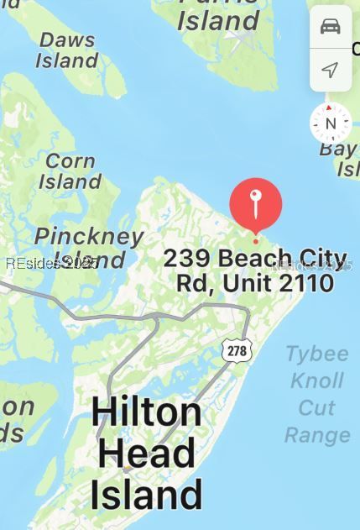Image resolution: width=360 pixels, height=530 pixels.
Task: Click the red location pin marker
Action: tap(256, 203)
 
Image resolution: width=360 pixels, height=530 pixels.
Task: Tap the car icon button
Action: tap(331, 27)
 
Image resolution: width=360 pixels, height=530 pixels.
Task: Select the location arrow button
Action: tap(331, 70)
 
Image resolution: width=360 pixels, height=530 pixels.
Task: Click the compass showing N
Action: tap(330, 123)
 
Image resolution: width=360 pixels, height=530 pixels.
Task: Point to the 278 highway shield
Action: tap(237, 350)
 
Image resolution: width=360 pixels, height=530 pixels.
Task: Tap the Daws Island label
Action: tap(67, 50)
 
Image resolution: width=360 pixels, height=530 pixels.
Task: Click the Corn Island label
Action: tap(70, 170)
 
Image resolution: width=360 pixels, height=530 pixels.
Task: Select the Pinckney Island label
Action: tap(88, 247)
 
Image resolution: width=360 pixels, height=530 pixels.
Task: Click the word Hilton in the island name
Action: tap(146, 412)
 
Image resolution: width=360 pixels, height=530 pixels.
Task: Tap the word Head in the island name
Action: tap(147, 453)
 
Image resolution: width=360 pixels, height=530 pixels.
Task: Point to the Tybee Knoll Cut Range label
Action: tap(317, 393)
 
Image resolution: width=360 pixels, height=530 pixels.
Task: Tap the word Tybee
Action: tap(316, 353)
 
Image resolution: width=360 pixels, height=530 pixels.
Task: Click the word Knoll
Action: tap(317, 380)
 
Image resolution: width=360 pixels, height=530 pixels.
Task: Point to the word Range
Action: tap(317, 434)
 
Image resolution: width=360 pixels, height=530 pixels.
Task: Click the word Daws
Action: tap(67, 39)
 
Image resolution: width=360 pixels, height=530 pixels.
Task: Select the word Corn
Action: tap(70, 159)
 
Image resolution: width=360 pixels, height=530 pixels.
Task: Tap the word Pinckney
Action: tap(89, 236)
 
